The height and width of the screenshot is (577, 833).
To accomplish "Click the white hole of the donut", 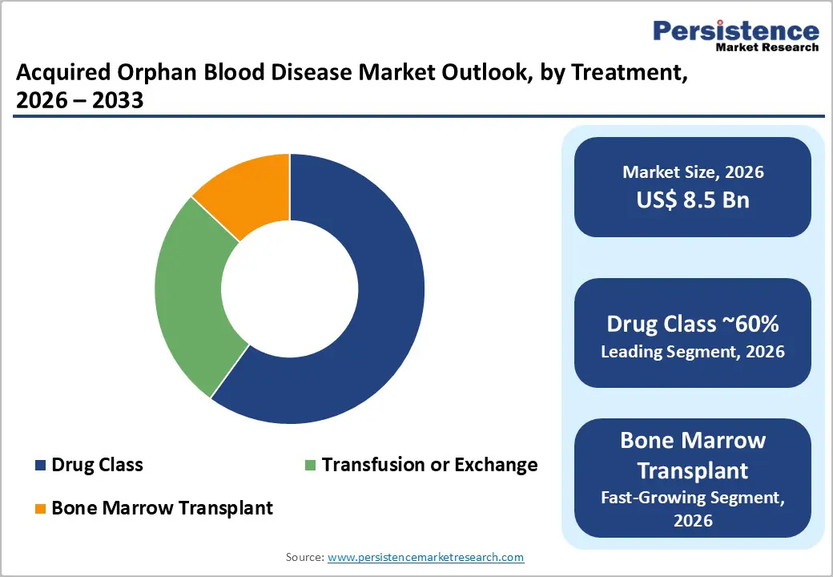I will point(289,288).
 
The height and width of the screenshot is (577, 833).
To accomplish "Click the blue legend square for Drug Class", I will point(40,466).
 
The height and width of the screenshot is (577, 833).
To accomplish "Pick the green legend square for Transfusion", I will point(310,466).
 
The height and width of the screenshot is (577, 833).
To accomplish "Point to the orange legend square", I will point(40,508).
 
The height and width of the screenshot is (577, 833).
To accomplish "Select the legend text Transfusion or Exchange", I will point(429,465).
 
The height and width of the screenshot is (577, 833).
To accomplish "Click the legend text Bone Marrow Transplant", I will point(162,507).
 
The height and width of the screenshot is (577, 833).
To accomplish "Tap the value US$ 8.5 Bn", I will point(693,200).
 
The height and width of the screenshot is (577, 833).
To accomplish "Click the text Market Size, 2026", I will point(693,171).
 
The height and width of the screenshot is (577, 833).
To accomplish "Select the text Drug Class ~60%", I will point(693,324).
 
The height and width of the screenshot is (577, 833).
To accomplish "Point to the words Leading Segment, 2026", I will point(693,351).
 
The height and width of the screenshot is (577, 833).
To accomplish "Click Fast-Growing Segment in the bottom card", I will point(693,498).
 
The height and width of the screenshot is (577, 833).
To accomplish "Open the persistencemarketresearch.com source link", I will point(426,557).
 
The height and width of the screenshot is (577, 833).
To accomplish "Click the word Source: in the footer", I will point(304,557).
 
